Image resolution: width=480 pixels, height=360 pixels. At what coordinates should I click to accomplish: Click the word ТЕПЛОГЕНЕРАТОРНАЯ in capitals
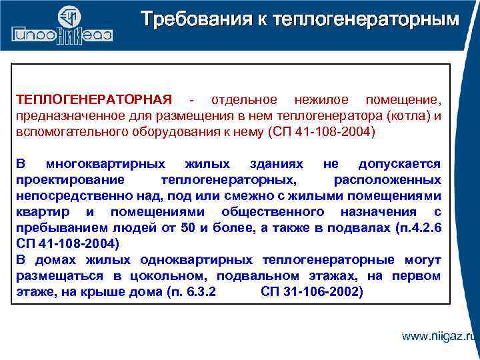[93, 99]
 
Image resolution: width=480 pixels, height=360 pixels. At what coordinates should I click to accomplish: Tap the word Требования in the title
[187, 19]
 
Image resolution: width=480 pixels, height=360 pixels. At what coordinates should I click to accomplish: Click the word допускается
[399, 164]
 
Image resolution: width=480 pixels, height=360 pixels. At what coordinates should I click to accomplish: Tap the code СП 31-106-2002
[311, 292]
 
